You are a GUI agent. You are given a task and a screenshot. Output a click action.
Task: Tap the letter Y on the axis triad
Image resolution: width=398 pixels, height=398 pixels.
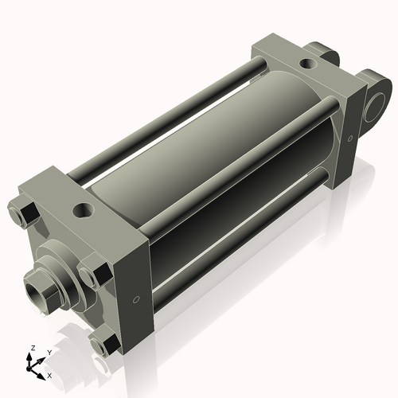49,351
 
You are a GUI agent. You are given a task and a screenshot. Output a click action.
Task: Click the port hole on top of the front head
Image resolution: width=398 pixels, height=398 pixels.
83,211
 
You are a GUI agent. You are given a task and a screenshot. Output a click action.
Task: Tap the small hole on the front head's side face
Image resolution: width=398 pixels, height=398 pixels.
135,299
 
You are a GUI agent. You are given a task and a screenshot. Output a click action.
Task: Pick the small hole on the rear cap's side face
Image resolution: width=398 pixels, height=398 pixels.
347,140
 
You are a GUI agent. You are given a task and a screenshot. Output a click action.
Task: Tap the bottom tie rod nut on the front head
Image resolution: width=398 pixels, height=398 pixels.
103,345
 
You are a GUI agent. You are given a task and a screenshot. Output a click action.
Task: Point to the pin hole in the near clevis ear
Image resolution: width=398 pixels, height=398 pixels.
376,105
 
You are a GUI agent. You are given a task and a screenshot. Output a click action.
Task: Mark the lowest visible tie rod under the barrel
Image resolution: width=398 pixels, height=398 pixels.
239,247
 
